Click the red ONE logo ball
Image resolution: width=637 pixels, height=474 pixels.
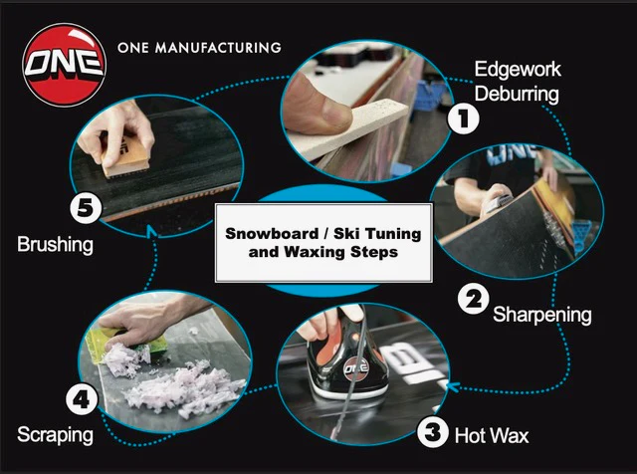[x=63, y=61]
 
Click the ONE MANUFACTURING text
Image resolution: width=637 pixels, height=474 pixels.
[x=198, y=47]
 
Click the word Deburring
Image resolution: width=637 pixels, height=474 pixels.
[x=517, y=96]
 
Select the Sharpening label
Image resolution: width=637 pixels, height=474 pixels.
[x=542, y=315]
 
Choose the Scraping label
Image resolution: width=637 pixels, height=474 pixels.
[x=56, y=435]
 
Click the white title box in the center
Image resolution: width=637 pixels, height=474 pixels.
[x=324, y=241]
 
